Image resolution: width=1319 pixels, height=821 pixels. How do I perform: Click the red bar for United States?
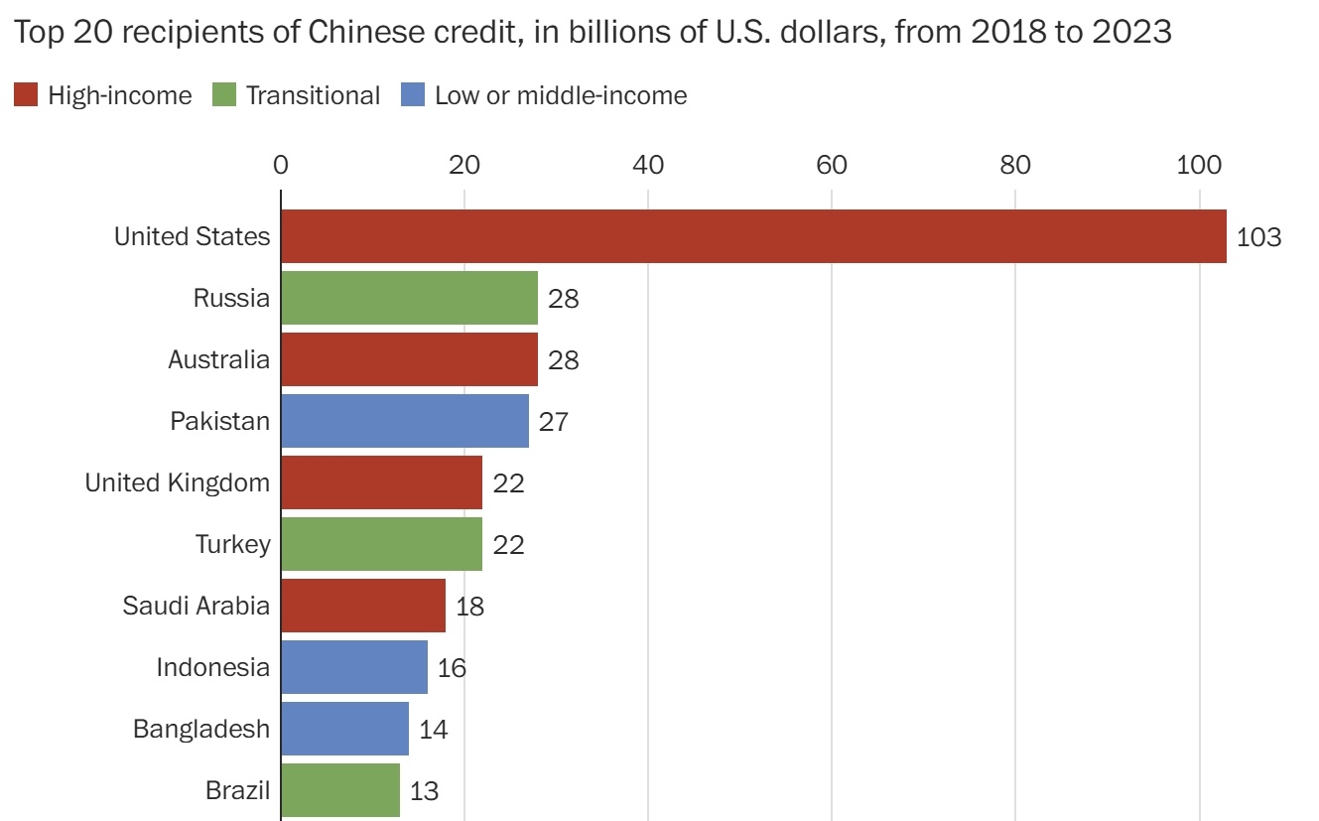tap(753, 236)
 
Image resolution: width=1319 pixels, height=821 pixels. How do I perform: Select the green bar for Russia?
tap(409, 298)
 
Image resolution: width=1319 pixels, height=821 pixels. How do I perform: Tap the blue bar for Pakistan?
tap(405, 421)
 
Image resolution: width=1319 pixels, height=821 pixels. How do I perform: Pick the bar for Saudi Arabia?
tap(363, 606)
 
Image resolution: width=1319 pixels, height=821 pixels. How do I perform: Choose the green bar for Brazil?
tap(340, 790)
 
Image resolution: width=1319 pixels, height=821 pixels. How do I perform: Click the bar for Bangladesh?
tap(344, 729)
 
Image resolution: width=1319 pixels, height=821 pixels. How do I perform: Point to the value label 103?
tap(1259, 237)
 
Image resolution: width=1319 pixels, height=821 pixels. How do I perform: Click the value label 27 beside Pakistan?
tap(553, 422)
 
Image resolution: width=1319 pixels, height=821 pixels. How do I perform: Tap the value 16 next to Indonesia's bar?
tap(452, 668)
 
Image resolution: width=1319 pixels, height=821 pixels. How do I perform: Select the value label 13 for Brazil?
tap(424, 791)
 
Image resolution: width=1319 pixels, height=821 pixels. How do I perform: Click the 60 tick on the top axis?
tap(832, 165)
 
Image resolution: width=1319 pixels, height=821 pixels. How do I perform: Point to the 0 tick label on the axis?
tap(281, 165)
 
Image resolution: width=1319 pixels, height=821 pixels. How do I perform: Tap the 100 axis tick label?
tap(1199, 165)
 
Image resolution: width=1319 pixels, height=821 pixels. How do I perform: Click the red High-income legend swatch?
tap(26, 95)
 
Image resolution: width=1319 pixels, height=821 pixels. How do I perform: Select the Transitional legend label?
tap(313, 95)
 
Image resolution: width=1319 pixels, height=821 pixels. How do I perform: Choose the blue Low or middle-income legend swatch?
tap(413, 95)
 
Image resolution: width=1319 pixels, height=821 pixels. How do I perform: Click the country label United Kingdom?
tap(177, 482)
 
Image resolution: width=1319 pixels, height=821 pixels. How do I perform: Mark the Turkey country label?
tap(231, 544)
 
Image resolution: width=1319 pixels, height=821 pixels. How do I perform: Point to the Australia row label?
tap(218, 359)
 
